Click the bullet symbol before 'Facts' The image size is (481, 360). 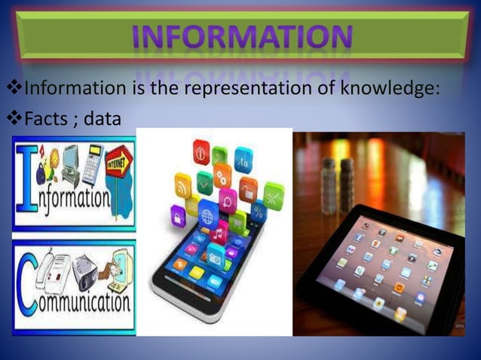click(14, 118)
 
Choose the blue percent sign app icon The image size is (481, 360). click(259, 211)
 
